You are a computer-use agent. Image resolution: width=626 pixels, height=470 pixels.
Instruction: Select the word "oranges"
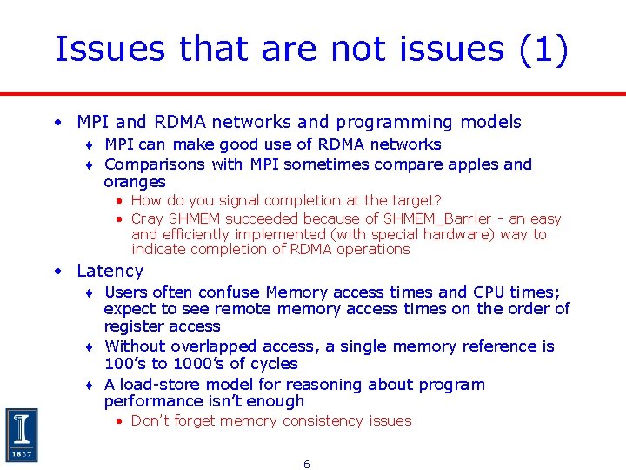134,182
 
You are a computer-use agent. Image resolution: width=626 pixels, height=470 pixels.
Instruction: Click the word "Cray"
147,219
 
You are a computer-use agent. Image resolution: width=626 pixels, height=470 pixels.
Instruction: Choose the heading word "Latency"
110,271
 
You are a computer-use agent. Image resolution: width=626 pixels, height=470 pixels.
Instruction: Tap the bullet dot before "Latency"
57,271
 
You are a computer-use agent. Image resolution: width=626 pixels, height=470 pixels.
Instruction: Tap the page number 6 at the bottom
306,465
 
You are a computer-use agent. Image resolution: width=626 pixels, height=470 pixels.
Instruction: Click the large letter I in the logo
21,428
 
